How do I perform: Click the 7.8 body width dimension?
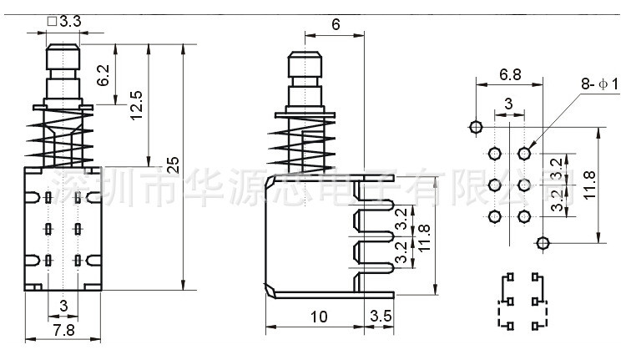coord(63,331)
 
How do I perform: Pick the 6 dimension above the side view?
coord(335,25)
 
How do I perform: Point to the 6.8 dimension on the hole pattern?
coord(509,74)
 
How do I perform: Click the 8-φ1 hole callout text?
coord(599,84)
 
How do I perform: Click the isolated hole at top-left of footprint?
coord(475,128)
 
